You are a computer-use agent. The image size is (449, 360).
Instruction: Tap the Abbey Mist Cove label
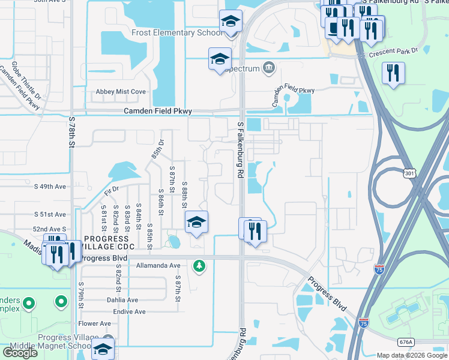coord(121,92)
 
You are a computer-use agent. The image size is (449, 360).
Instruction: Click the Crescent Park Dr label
coord(393,52)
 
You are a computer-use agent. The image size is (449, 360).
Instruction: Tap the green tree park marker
coord(199,265)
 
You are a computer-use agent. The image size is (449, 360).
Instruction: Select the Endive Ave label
coord(129,312)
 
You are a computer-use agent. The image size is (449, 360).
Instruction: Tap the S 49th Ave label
coord(53,187)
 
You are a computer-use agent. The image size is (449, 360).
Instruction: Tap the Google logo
coord(20,353)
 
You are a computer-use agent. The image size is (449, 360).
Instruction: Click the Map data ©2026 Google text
coord(411,355)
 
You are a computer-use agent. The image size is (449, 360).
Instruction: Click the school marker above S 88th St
coord(196,223)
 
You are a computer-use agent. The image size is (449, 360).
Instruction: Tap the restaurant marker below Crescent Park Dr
coord(394,73)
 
